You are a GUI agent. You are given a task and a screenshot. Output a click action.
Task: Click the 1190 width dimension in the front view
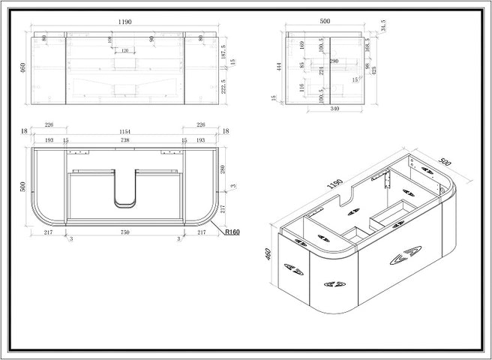(x=125, y=23)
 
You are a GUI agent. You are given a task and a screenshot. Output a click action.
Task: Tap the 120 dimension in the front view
(x=125, y=52)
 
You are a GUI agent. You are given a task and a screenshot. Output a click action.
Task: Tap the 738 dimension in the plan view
(x=125, y=141)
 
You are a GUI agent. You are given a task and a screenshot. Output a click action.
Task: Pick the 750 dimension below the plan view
(x=125, y=233)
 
